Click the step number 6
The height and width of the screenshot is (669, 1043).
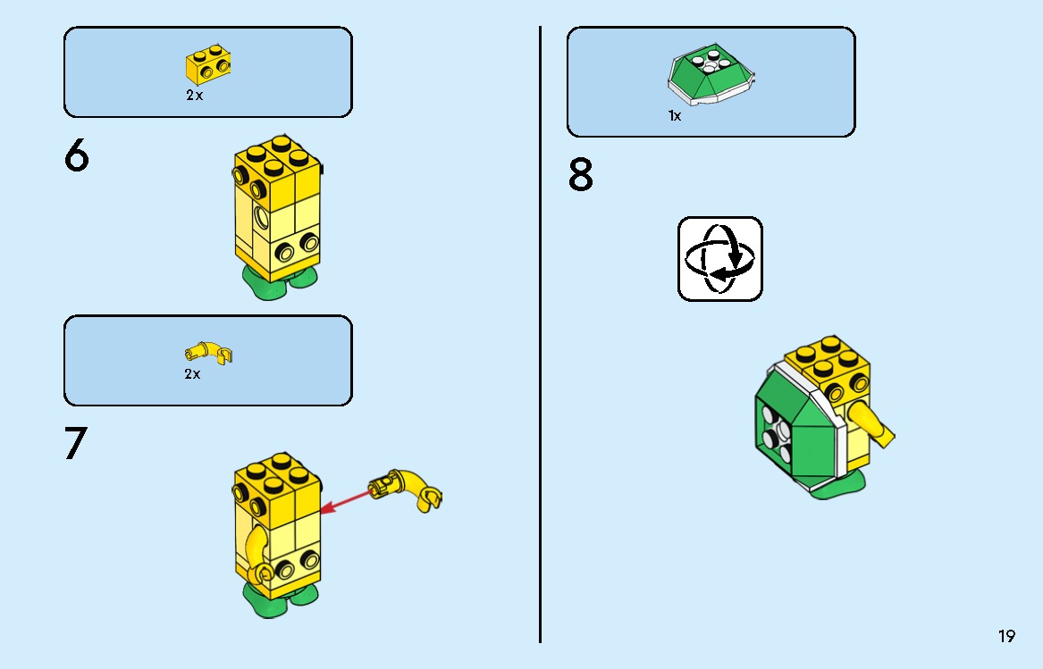coord(77,156)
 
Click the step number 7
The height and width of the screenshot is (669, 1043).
coord(77,444)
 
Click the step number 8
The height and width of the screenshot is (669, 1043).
coord(581,176)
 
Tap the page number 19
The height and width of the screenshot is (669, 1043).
coord(1006,637)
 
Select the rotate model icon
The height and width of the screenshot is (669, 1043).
coord(719,258)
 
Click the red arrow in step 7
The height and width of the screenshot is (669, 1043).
coord(344,501)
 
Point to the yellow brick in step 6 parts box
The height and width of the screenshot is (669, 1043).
coord(205,65)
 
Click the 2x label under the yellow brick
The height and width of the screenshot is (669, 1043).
coord(194,96)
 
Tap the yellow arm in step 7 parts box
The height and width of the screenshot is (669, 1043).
coord(208,353)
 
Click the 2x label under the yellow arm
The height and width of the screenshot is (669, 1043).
coord(192,374)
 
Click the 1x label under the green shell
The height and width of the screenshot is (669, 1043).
coord(675,116)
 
